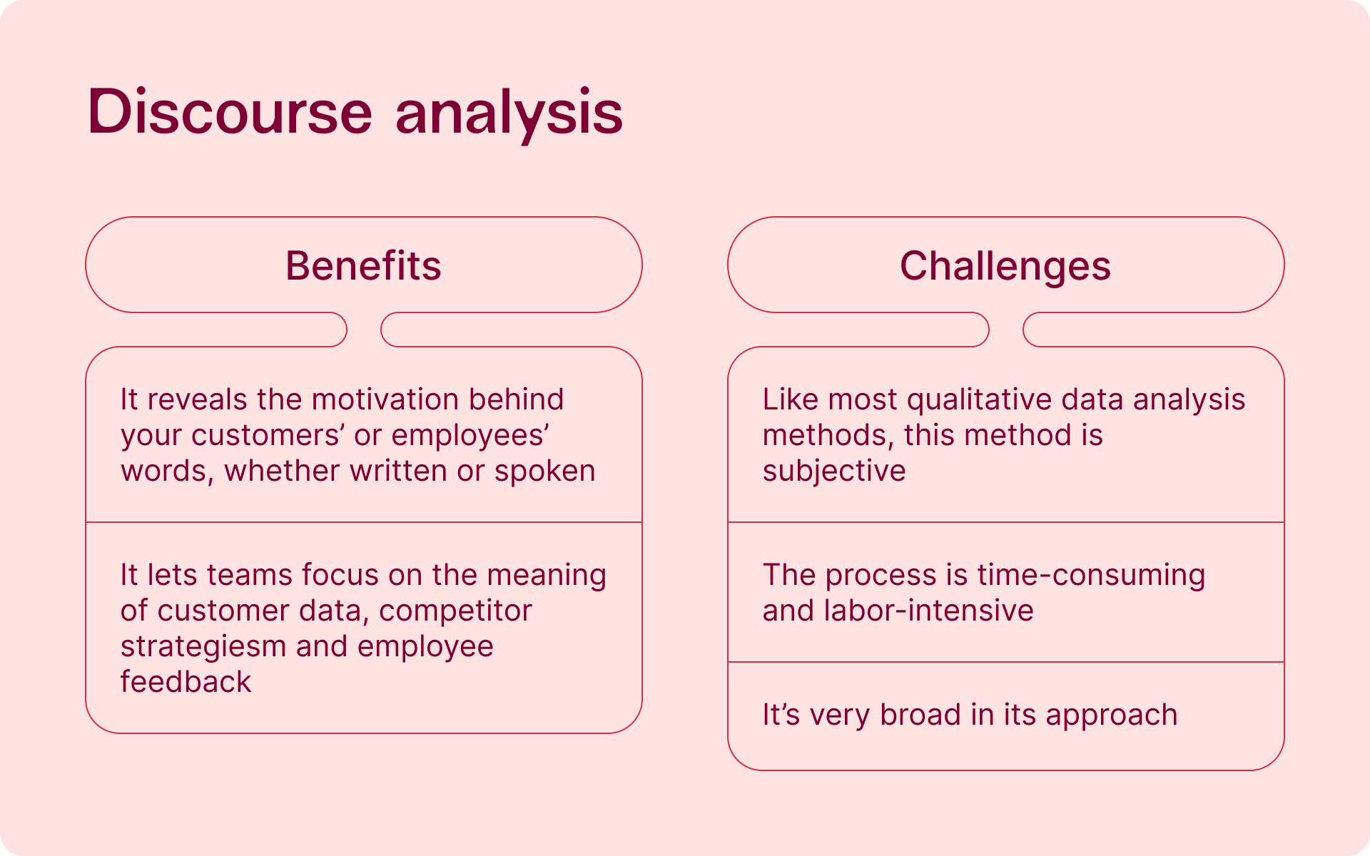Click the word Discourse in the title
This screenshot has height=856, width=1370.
click(x=230, y=111)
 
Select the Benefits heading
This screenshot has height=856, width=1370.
click(x=363, y=265)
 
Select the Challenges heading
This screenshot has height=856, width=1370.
click(x=1005, y=267)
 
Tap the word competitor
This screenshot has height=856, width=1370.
click(x=455, y=611)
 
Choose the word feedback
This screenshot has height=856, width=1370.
click(x=186, y=681)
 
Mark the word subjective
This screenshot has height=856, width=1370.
click(x=834, y=472)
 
